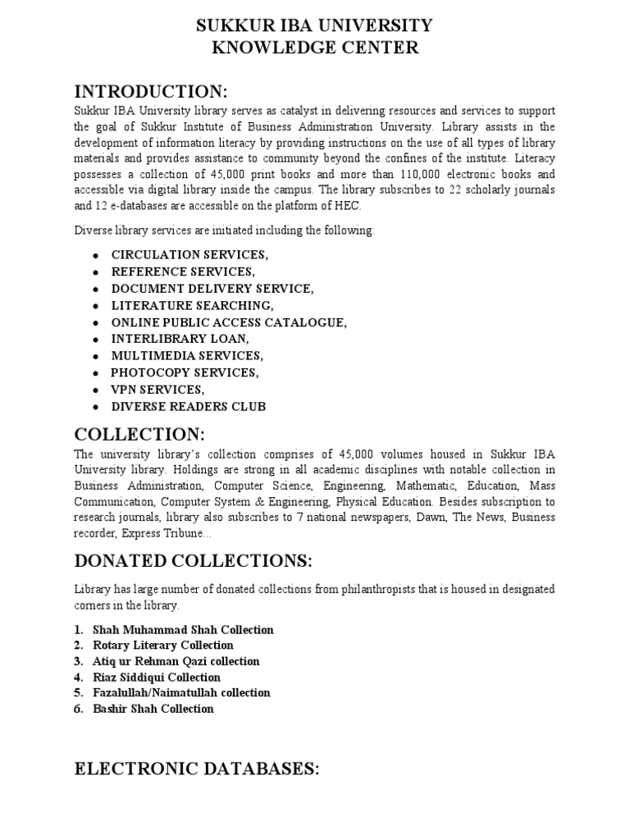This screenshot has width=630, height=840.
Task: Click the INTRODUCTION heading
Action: pos(151,89)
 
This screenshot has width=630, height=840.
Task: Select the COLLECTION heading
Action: pos(139,433)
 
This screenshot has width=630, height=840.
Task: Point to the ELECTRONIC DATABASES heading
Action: pos(196,768)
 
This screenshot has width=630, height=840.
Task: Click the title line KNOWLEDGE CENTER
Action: pos(315,48)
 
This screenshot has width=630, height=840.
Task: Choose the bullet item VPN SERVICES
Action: pos(157,390)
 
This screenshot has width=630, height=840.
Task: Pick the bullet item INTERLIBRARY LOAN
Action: pos(180,339)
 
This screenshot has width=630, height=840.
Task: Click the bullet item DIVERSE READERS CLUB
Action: pos(189,407)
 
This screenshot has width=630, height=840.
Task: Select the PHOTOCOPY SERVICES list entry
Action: pos(185,372)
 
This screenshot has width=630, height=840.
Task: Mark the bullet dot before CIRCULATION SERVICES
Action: pos(97,255)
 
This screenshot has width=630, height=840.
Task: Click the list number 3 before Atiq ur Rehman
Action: pos(78,661)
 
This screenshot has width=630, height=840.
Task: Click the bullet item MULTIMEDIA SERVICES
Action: pos(187,356)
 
